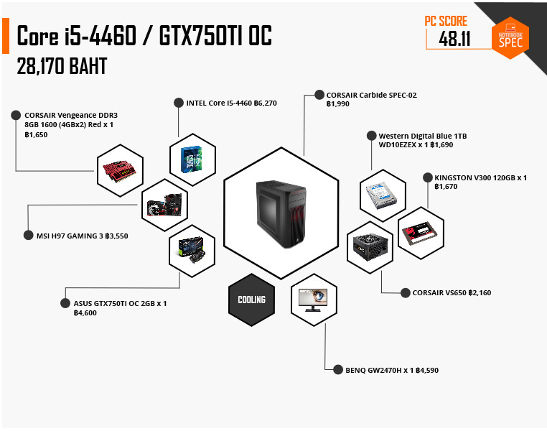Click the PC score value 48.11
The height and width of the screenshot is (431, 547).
(454, 38)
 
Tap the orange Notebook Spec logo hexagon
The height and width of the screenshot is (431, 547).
(510, 37)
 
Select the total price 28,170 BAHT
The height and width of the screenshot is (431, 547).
(62, 66)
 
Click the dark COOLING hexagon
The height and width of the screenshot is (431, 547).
(251, 300)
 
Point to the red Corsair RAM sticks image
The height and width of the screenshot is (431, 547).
(120, 171)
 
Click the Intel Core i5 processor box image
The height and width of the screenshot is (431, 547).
(191, 159)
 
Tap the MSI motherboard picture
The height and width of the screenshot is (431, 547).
(164, 205)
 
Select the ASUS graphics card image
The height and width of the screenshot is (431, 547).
(192, 250)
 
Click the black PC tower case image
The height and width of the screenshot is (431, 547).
(281, 214)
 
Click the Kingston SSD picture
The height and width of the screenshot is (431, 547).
(420, 233)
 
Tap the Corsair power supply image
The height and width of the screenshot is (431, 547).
(370, 247)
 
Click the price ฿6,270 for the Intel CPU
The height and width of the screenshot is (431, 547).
(266, 103)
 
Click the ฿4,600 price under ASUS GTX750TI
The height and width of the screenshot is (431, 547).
(85, 313)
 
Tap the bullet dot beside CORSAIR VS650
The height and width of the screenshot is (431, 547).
(406, 293)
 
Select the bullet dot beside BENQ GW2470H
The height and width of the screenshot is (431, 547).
(337, 369)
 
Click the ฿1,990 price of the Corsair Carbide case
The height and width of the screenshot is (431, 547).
(337, 104)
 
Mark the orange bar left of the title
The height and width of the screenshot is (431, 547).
(6, 36)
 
